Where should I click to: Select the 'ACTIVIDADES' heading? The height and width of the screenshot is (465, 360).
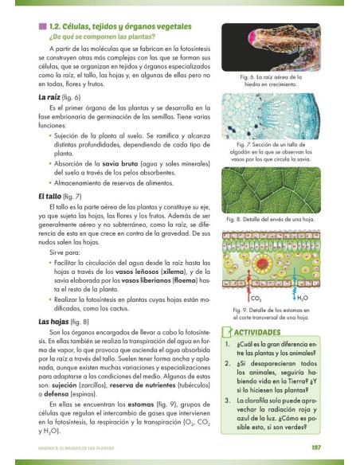coord(280,330)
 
